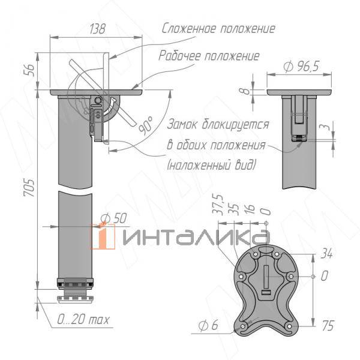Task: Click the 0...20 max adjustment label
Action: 83,320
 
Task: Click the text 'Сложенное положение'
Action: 218,29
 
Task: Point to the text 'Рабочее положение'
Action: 209,56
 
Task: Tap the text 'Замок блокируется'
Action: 217,125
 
